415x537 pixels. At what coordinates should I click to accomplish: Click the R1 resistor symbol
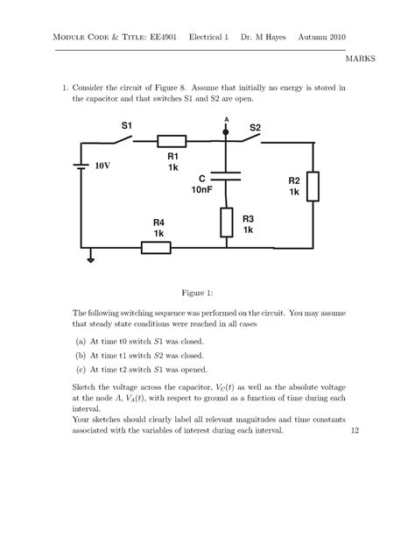click(x=172, y=140)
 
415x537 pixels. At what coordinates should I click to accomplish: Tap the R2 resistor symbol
click(x=313, y=187)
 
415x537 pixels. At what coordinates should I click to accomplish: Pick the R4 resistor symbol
click(x=156, y=247)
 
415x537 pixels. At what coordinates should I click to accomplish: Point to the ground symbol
click(x=88, y=258)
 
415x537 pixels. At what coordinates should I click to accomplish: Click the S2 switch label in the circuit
click(x=255, y=128)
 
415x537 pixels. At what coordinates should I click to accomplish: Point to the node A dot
click(x=226, y=128)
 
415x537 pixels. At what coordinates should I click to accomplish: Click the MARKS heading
click(x=361, y=59)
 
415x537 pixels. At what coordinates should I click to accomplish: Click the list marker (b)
click(x=81, y=357)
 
